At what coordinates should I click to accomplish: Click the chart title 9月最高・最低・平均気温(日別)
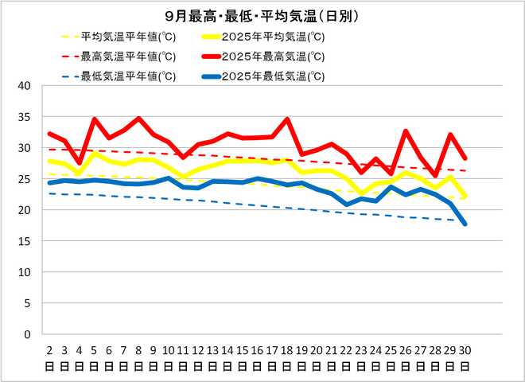[x=262, y=16]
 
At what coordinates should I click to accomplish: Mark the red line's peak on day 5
[x=94, y=119]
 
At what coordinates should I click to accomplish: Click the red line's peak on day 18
[x=286, y=119]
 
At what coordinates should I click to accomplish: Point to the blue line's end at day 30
[x=465, y=224]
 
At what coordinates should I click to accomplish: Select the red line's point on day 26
[x=406, y=131]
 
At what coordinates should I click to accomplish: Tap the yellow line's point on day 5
[x=94, y=154]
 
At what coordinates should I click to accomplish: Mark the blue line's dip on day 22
[x=346, y=205]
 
